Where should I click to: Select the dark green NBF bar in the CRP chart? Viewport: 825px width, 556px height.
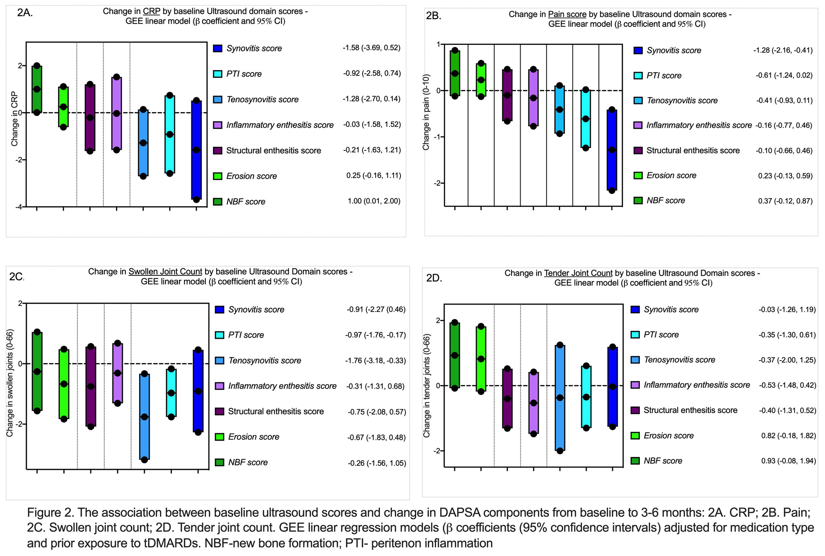(37, 89)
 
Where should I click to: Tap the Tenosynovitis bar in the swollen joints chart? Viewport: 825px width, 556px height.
(144, 416)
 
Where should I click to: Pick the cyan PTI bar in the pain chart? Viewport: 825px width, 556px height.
(585, 119)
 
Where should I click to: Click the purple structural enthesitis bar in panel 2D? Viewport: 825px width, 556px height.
(507, 398)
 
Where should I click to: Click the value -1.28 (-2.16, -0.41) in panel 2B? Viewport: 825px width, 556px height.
(783, 50)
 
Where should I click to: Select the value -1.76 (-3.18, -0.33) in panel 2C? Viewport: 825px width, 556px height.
(375, 361)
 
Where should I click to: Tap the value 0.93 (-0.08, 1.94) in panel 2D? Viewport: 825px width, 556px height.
(788, 461)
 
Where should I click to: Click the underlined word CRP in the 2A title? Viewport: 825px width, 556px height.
(151, 12)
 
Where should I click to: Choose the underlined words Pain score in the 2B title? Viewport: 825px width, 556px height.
(567, 14)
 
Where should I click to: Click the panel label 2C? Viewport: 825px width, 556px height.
(16, 277)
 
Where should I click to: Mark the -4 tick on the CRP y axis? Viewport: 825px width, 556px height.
(19, 207)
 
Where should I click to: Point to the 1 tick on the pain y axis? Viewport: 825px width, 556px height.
(438, 45)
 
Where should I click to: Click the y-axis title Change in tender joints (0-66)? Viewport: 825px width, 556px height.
(427, 385)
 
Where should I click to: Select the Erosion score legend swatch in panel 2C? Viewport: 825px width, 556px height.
(219, 437)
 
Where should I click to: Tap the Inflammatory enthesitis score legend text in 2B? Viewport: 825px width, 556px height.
(699, 125)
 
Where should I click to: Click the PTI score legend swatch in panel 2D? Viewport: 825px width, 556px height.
(635, 335)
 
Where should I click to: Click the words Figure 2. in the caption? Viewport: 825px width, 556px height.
(50, 512)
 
